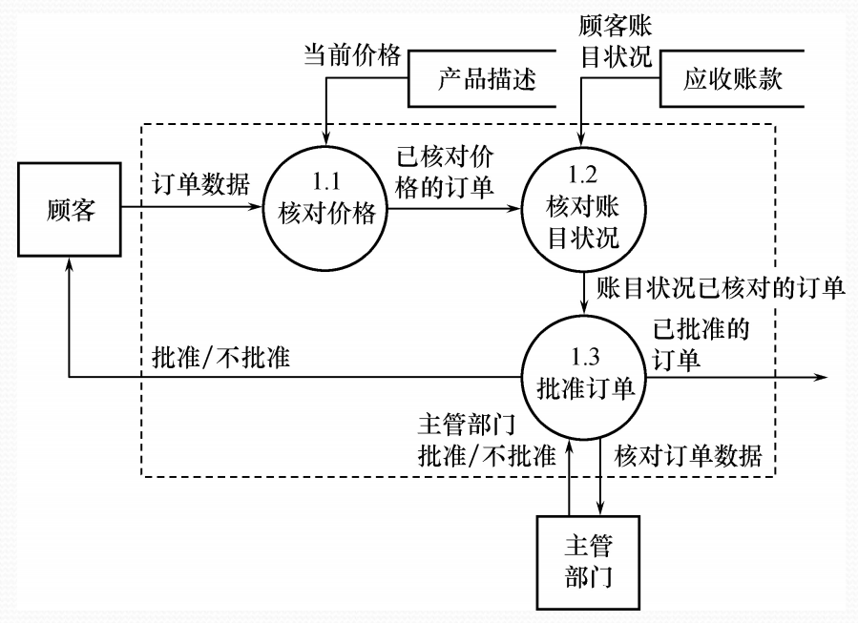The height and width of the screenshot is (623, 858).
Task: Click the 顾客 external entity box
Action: [70, 211]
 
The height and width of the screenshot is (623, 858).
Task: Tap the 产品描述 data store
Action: [488, 79]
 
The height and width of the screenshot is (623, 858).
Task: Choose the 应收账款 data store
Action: [733, 79]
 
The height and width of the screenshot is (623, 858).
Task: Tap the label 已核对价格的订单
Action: [446, 172]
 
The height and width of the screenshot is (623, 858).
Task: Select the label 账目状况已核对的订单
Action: [721, 288]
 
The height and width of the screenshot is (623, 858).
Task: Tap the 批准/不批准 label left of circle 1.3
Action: [221, 358]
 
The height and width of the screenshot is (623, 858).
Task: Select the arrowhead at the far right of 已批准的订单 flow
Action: [820, 378]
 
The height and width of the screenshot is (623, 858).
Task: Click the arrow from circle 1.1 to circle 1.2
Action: [453, 211]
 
